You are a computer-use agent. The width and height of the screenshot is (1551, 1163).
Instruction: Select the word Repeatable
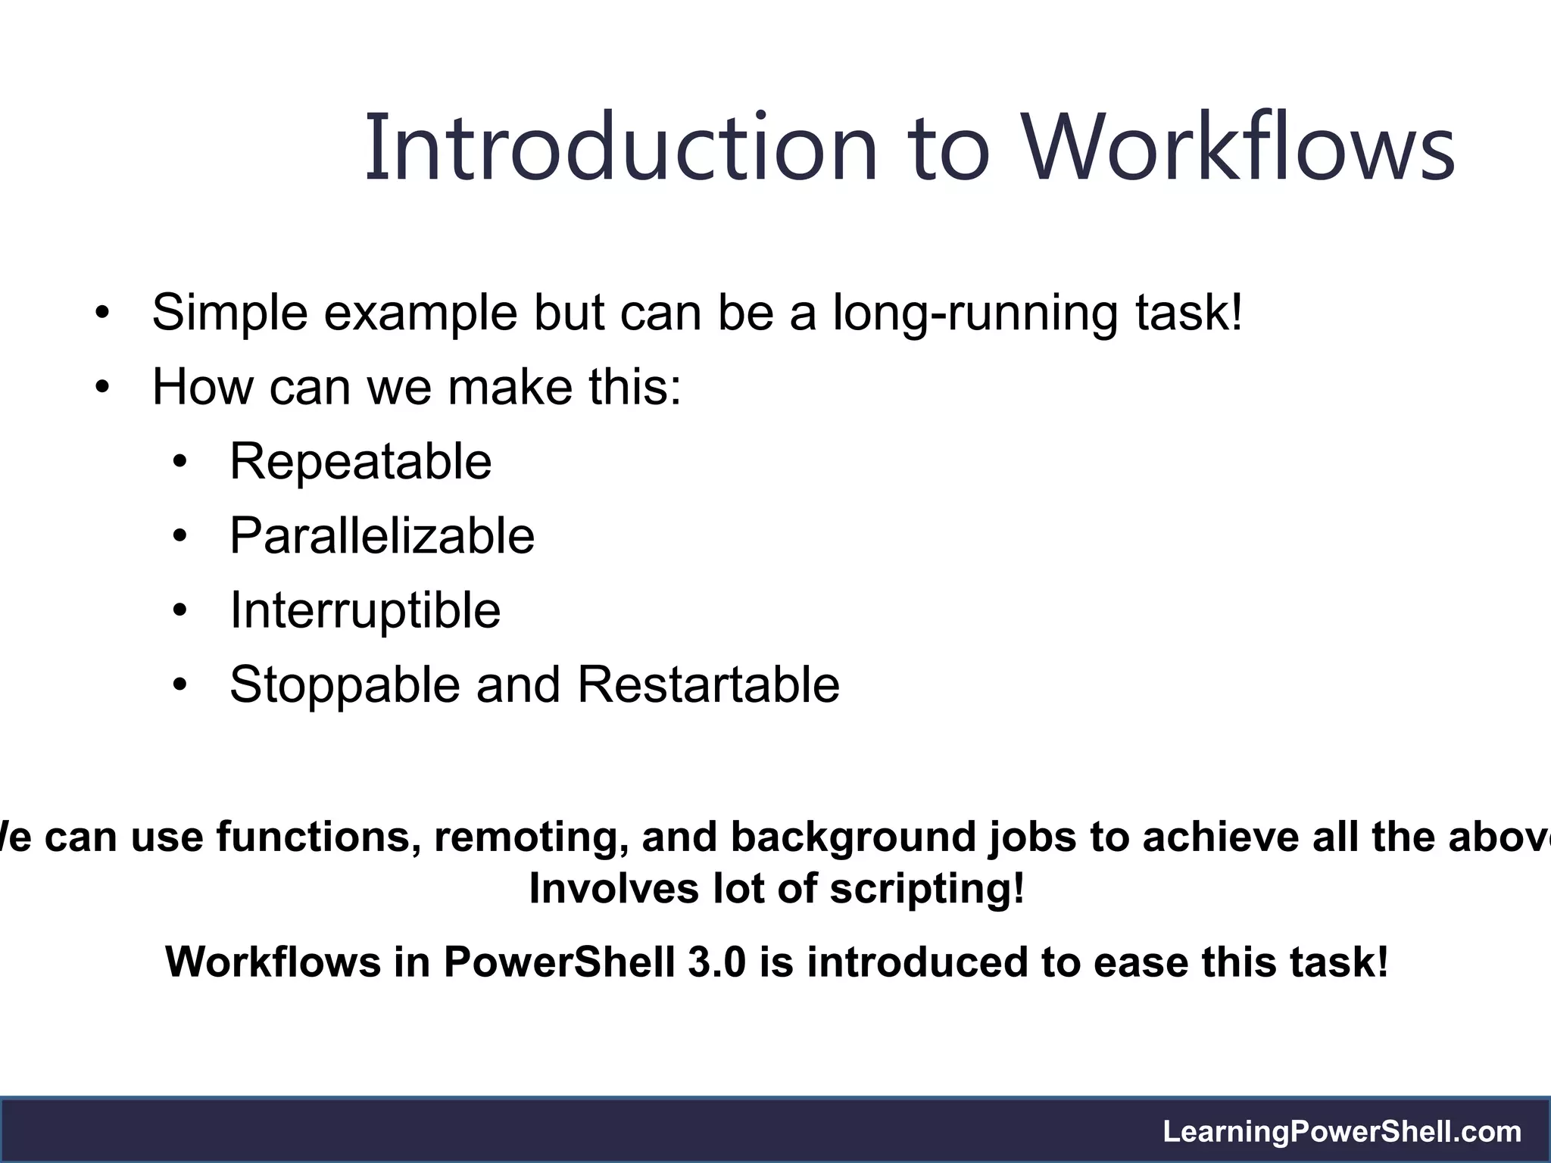(360, 461)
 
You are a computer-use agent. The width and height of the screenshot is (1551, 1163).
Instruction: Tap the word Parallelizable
(382, 536)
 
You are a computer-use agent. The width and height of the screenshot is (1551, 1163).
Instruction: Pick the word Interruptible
(365, 610)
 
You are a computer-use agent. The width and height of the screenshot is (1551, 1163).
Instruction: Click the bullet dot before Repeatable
(179, 463)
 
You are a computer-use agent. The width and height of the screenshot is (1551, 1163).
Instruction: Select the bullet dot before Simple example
(102, 313)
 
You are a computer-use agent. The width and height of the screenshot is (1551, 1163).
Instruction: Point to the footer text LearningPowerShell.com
(1342, 1132)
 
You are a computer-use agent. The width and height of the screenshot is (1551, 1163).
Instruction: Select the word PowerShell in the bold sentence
(559, 962)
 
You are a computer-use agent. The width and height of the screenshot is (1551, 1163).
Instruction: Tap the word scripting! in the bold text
(927, 888)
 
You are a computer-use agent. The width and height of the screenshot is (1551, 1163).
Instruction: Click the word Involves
(613, 888)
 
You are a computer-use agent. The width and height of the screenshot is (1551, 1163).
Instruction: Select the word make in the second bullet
(510, 387)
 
